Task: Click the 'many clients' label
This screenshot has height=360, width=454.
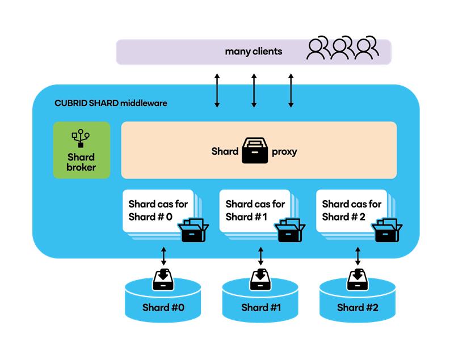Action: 253,52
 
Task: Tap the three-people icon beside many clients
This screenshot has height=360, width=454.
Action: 342,49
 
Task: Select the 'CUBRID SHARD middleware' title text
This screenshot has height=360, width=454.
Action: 111,104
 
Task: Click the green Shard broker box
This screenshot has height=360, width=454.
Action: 82,150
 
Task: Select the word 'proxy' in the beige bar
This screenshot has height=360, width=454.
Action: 284,151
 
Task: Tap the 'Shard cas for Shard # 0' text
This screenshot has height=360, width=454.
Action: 151,210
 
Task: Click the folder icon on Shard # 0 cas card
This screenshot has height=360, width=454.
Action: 193,230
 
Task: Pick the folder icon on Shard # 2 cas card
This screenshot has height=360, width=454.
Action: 386,230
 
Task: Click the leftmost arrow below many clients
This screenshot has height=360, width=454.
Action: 217,90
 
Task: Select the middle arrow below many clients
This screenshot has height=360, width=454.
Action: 254,90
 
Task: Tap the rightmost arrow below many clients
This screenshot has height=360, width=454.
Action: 291,90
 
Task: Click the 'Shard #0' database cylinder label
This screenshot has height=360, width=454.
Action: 163,308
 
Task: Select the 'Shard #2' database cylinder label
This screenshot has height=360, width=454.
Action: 358,308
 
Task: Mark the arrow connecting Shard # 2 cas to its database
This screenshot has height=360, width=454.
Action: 358,256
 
